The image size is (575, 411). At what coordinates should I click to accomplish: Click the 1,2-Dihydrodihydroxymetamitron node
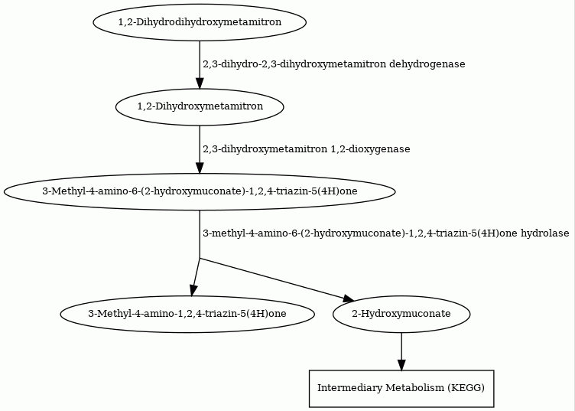(x=200, y=22)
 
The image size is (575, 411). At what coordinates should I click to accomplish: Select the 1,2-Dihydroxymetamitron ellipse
(x=200, y=107)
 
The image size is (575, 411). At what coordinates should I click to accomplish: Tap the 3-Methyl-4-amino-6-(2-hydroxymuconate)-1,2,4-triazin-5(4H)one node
(x=200, y=191)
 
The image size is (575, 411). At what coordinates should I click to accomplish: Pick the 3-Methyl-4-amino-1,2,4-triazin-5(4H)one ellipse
(x=187, y=314)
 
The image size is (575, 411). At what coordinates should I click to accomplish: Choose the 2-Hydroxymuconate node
(x=401, y=314)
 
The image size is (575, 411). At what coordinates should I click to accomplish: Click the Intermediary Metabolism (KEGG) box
(x=401, y=388)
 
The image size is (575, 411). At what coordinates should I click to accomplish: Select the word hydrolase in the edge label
(x=545, y=233)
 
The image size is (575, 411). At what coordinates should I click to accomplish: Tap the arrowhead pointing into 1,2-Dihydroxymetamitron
(x=200, y=83)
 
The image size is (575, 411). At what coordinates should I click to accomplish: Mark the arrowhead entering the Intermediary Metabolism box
(x=401, y=365)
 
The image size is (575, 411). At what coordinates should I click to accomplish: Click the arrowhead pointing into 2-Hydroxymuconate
(x=349, y=298)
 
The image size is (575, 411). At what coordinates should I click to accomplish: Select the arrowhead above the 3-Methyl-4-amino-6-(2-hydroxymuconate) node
(x=200, y=168)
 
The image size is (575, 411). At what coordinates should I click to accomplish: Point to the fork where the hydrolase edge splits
(x=200, y=259)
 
